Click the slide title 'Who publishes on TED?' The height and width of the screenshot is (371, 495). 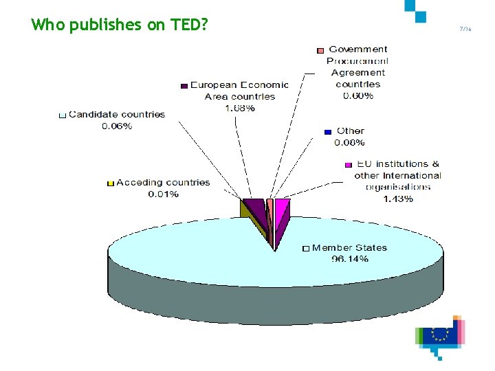tap(119, 25)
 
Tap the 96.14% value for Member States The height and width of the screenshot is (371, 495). tap(350, 259)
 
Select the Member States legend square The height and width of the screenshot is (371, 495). tap(307, 248)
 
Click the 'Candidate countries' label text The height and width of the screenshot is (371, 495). tap(117, 114)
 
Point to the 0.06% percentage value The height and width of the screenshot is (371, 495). tap(117, 126)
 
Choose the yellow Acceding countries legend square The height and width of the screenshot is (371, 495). tap(110, 183)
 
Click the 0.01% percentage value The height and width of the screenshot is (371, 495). tap(164, 194)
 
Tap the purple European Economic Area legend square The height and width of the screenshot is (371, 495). tap(184, 86)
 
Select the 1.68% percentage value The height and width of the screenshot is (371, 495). tap(239, 108)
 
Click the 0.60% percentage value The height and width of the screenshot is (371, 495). tap(358, 95)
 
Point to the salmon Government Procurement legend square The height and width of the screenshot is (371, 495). tap(320, 50)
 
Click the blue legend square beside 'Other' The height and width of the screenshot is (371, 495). tap(328, 131)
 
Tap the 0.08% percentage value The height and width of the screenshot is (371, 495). tap(349, 142)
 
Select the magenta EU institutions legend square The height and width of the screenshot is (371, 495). tap(348, 165)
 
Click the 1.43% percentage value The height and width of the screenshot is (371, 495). tap(398, 199)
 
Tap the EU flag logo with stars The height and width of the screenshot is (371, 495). tap(439, 334)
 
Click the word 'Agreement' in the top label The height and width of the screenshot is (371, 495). tap(358, 72)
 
